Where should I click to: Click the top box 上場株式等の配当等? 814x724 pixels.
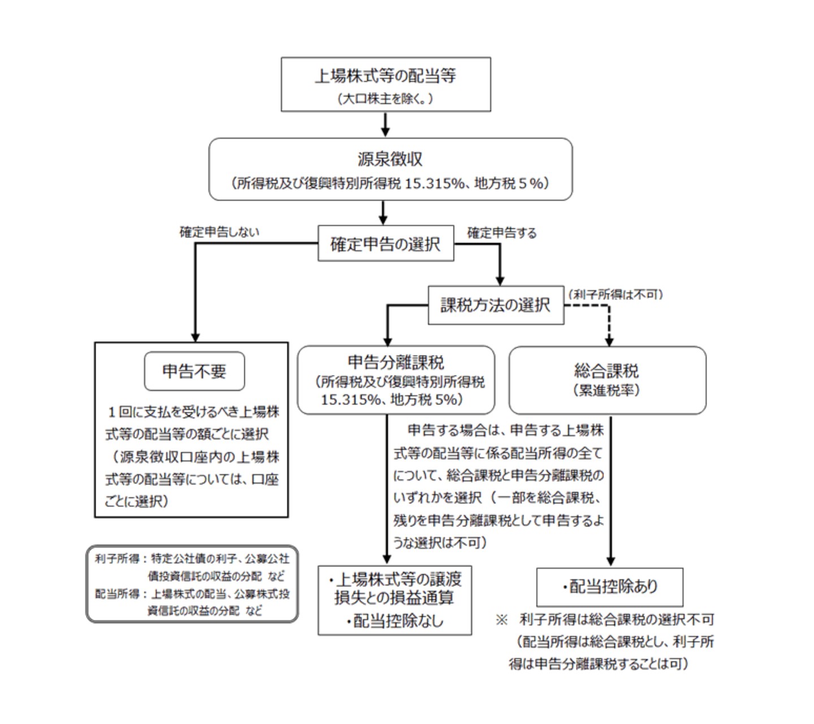coord(386,76)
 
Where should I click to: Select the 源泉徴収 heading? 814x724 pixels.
coord(390,159)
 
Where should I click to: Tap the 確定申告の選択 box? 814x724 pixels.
coord(386,244)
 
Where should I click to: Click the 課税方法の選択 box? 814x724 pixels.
coord(495,305)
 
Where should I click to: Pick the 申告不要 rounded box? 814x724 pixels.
coord(194,371)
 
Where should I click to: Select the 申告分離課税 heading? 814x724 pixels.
coord(396,363)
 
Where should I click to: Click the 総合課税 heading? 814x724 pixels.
coord(607,371)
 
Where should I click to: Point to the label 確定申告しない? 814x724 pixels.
coord(219,232)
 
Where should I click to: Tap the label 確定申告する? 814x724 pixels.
coord(502,232)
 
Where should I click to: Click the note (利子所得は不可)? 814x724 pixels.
coord(616,294)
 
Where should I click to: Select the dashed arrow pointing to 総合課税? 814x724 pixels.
coord(609,325)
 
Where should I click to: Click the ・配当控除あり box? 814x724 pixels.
coord(609,587)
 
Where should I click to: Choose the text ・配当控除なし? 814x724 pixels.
coord(395,621)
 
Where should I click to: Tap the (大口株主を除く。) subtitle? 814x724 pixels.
coord(386,99)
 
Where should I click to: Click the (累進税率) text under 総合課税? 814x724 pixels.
coord(607,390)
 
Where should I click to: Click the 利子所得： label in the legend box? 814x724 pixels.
coord(120,559)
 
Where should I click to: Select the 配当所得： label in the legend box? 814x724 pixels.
coord(120,594)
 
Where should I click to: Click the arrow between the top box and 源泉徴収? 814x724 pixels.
coord(385,124)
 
